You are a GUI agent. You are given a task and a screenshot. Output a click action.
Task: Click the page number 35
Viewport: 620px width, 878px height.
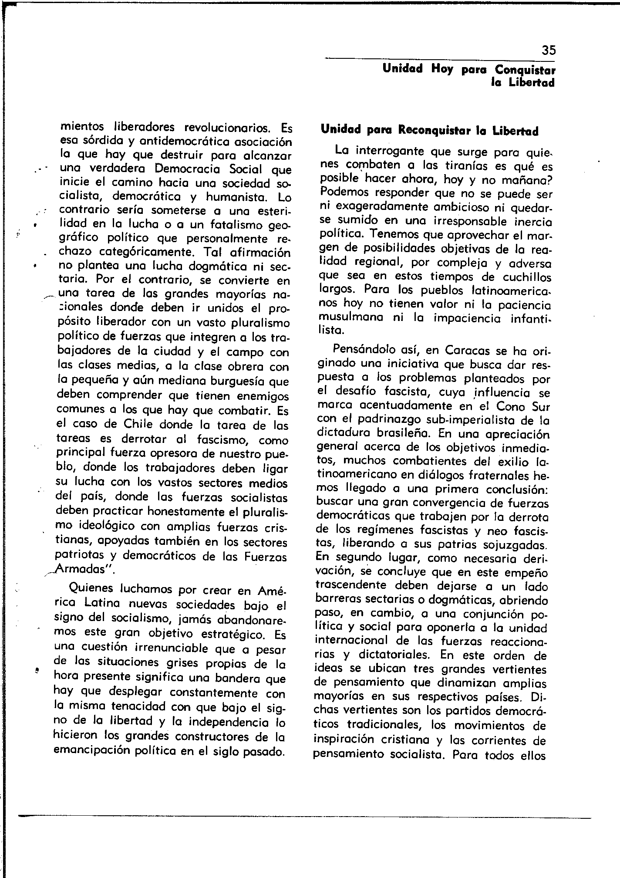[549, 50]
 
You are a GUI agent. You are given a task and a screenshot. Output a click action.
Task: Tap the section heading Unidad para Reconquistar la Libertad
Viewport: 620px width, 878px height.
[429, 131]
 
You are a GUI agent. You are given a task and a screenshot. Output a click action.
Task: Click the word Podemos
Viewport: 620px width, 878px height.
[342, 192]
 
